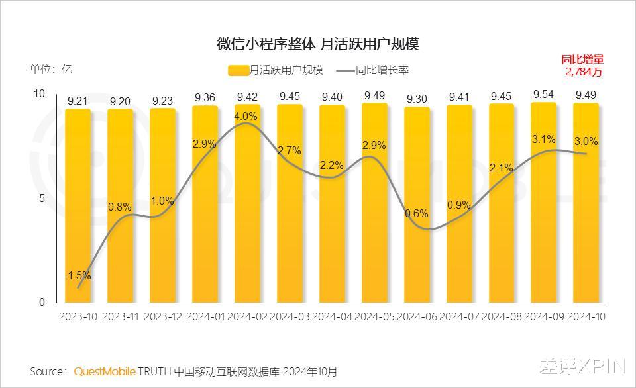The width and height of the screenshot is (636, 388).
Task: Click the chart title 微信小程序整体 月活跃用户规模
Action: (318, 44)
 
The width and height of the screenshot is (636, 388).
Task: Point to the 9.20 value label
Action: (121, 101)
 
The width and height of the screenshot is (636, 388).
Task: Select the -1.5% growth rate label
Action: (78, 276)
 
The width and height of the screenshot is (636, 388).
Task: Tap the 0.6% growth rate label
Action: (417, 214)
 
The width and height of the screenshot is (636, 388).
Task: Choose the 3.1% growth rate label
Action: (543, 140)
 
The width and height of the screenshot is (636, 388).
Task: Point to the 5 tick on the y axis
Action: (41, 199)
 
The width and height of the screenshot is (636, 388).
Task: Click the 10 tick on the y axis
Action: (39, 95)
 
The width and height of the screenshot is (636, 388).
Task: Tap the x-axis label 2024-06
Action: (417, 317)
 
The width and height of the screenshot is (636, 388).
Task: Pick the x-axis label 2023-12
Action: (163, 317)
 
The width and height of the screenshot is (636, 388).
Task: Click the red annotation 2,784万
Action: (584, 72)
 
